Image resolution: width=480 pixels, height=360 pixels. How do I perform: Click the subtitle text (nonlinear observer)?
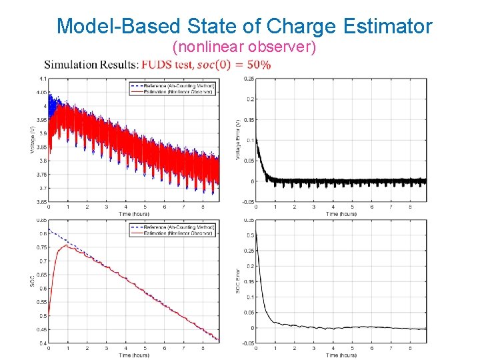click(244, 47)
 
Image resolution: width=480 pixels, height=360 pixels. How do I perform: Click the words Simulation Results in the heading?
click(91, 65)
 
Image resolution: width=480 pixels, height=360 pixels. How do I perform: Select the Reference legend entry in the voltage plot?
click(171, 85)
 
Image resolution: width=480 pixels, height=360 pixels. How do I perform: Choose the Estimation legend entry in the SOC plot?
click(171, 234)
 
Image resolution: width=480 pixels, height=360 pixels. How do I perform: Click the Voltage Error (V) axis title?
click(237, 139)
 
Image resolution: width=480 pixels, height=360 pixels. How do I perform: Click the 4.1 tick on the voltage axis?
click(42, 79)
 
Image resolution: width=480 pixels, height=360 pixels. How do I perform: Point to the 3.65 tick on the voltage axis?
click(41, 201)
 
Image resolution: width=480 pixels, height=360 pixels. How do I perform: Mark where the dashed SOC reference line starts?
click(49, 230)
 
